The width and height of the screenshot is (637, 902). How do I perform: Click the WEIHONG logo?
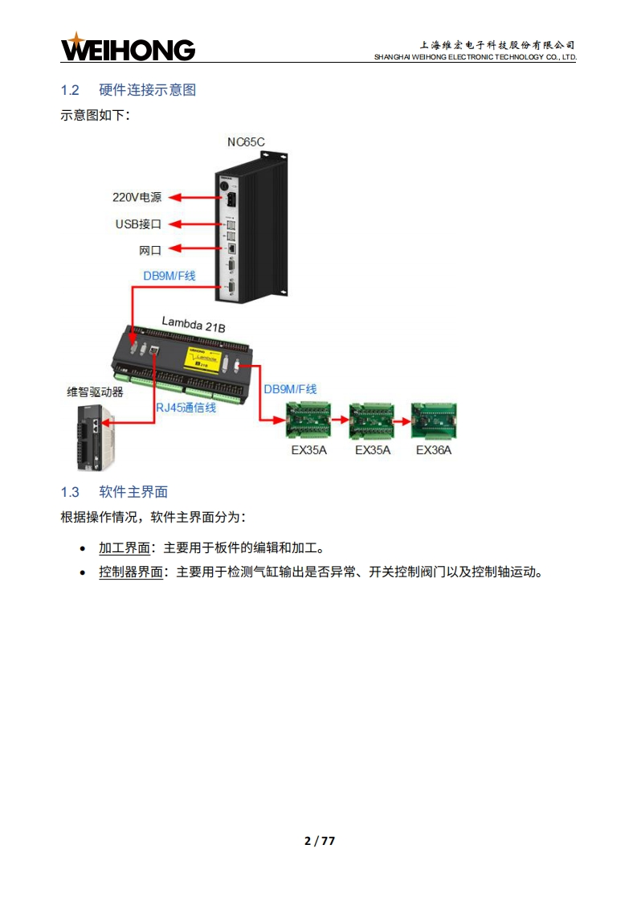pos(128,47)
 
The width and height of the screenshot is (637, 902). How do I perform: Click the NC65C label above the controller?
pos(246,142)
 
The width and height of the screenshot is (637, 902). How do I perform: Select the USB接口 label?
pos(138,224)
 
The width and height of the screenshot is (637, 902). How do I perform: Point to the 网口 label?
pos(150,251)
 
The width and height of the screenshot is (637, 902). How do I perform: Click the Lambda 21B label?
pos(193,324)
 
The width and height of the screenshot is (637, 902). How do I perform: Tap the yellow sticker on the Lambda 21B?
pos(202,359)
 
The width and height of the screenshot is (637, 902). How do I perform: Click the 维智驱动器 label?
pos(95,392)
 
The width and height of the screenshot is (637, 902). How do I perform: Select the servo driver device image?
pos(96,436)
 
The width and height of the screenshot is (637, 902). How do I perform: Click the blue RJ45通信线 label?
pos(186,408)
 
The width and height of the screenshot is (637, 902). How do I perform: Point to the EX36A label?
pos(434,450)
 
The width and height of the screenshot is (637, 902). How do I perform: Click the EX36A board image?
pos(433,420)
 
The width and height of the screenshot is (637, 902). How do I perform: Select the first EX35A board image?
pos(309,420)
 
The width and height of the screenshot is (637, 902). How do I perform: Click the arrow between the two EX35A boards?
pos(340,419)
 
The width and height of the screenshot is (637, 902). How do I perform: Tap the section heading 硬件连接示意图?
pos(147,89)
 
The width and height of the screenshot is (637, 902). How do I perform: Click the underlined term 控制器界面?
pos(131,573)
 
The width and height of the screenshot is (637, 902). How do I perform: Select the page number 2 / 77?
pos(319,841)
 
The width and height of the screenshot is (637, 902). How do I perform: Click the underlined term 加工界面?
pos(125,548)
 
